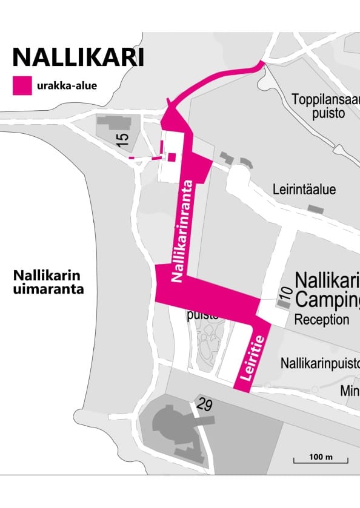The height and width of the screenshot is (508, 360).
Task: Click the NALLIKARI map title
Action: pos(78,57)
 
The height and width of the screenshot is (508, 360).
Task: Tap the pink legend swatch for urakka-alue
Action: pos(23,85)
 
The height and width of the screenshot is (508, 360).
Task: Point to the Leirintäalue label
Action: pos(304,190)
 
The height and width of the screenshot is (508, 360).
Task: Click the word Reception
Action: pos(322,320)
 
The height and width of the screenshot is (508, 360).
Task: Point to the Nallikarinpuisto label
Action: pos(320,363)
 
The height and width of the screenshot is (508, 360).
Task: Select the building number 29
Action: pos(204,404)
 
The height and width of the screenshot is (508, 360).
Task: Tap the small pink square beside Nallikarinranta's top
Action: pos(172,157)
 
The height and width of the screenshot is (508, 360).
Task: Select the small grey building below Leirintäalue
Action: pos(315,208)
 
